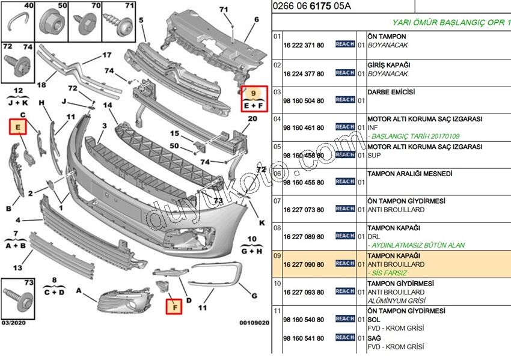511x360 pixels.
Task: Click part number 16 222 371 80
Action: [x=304, y=45]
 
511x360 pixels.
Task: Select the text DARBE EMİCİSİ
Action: [x=391, y=92]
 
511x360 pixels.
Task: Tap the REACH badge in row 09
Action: [x=344, y=263]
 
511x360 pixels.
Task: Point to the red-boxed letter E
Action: [x=18, y=127]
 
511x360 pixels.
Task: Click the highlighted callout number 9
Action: [x=254, y=93]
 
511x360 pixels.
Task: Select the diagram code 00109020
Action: [x=254, y=323]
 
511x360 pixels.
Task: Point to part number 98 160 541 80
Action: [x=304, y=337]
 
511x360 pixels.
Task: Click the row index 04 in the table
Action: [x=278, y=119]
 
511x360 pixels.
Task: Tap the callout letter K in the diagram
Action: [x=262, y=222]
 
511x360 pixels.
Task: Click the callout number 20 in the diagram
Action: [x=252, y=119]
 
